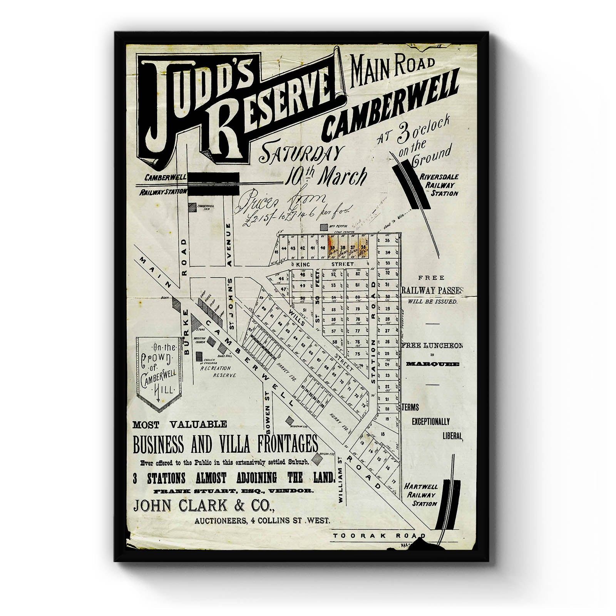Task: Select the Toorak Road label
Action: pos(379,536)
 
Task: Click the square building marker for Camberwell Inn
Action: pos(192,207)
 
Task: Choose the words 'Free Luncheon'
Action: pos(432,346)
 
